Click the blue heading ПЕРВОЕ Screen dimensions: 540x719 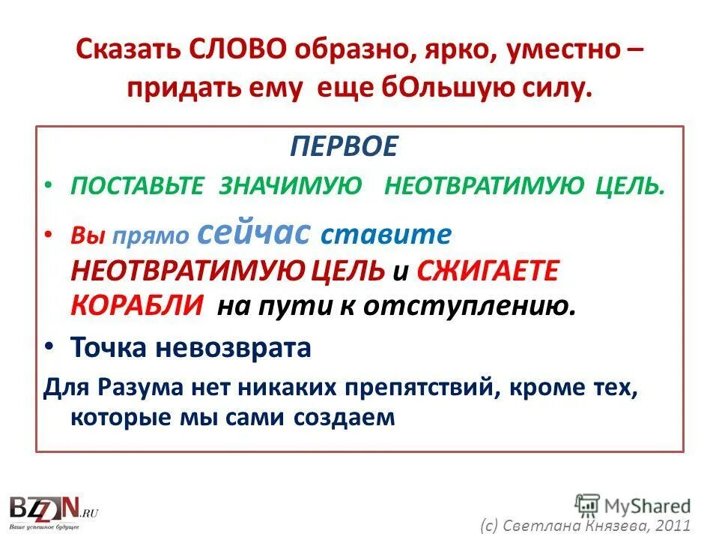[x=345, y=147]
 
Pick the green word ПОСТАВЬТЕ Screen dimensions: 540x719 [x=137, y=187]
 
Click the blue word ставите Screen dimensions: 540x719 [x=386, y=235]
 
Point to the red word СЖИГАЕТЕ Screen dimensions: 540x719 [x=487, y=271]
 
